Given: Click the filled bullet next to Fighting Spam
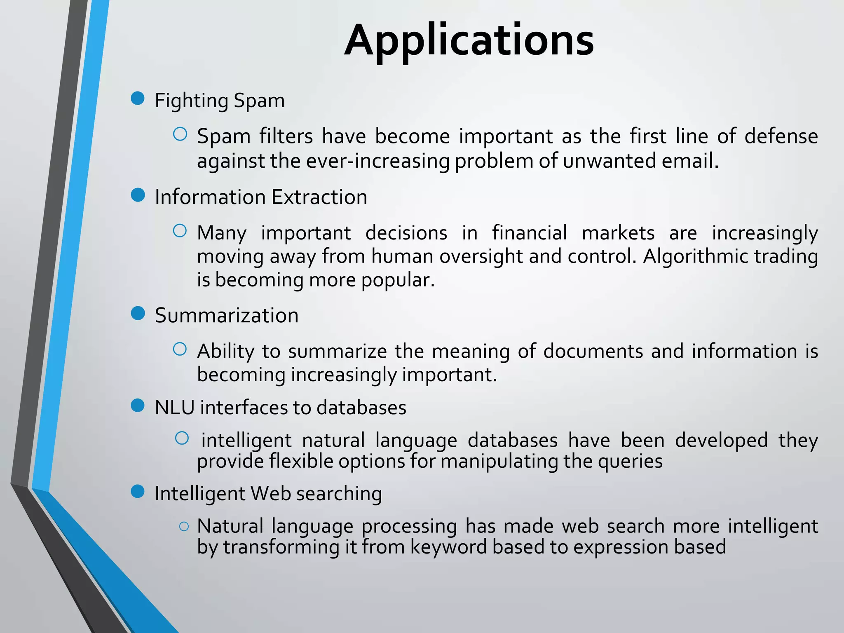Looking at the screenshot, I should coord(138,98).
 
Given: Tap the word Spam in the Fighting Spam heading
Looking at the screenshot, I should coord(259,101).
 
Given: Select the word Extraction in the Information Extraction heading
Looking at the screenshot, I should coord(319,197).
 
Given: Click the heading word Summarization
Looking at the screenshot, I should coord(227,316).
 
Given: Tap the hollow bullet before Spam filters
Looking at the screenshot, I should coord(180,134).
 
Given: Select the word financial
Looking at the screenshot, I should coord(530,233).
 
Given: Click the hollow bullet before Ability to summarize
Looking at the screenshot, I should coord(180,349).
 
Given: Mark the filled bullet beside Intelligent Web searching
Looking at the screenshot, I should coord(138,491).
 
